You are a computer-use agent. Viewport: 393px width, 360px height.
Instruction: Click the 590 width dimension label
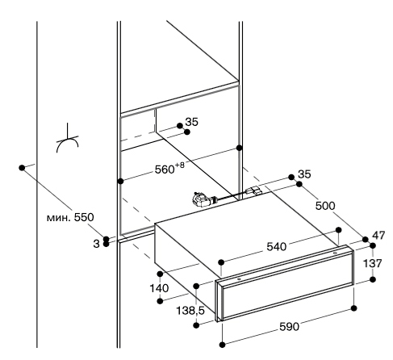click(289, 327)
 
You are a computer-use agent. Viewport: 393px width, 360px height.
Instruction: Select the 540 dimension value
click(277, 246)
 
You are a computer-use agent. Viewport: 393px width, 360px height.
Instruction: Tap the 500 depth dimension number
click(325, 206)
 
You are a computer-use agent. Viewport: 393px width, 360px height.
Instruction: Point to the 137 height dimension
click(373, 263)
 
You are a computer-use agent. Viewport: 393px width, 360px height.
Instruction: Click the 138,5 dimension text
click(190, 311)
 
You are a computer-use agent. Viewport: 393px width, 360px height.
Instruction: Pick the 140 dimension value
click(159, 288)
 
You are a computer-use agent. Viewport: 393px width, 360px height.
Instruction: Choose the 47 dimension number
click(378, 236)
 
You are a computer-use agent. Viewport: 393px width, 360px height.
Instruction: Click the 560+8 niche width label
click(169, 169)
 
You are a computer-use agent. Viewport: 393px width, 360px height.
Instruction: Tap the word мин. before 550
click(59, 217)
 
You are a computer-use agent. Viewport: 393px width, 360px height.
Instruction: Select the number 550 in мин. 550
click(84, 217)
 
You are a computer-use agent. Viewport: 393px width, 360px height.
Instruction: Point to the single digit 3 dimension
click(96, 244)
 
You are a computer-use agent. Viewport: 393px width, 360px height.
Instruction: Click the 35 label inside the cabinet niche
click(192, 122)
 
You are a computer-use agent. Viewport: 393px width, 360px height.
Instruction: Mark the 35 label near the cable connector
click(304, 174)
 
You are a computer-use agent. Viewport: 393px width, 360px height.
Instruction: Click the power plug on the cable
click(202, 199)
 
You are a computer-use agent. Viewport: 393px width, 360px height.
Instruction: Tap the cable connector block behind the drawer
click(253, 190)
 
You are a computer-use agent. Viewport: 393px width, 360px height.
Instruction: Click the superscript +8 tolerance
click(180, 165)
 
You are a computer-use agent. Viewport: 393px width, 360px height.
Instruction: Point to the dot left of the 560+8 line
click(121, 182)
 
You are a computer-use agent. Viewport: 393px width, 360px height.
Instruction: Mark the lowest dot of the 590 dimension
click(222, 345)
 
